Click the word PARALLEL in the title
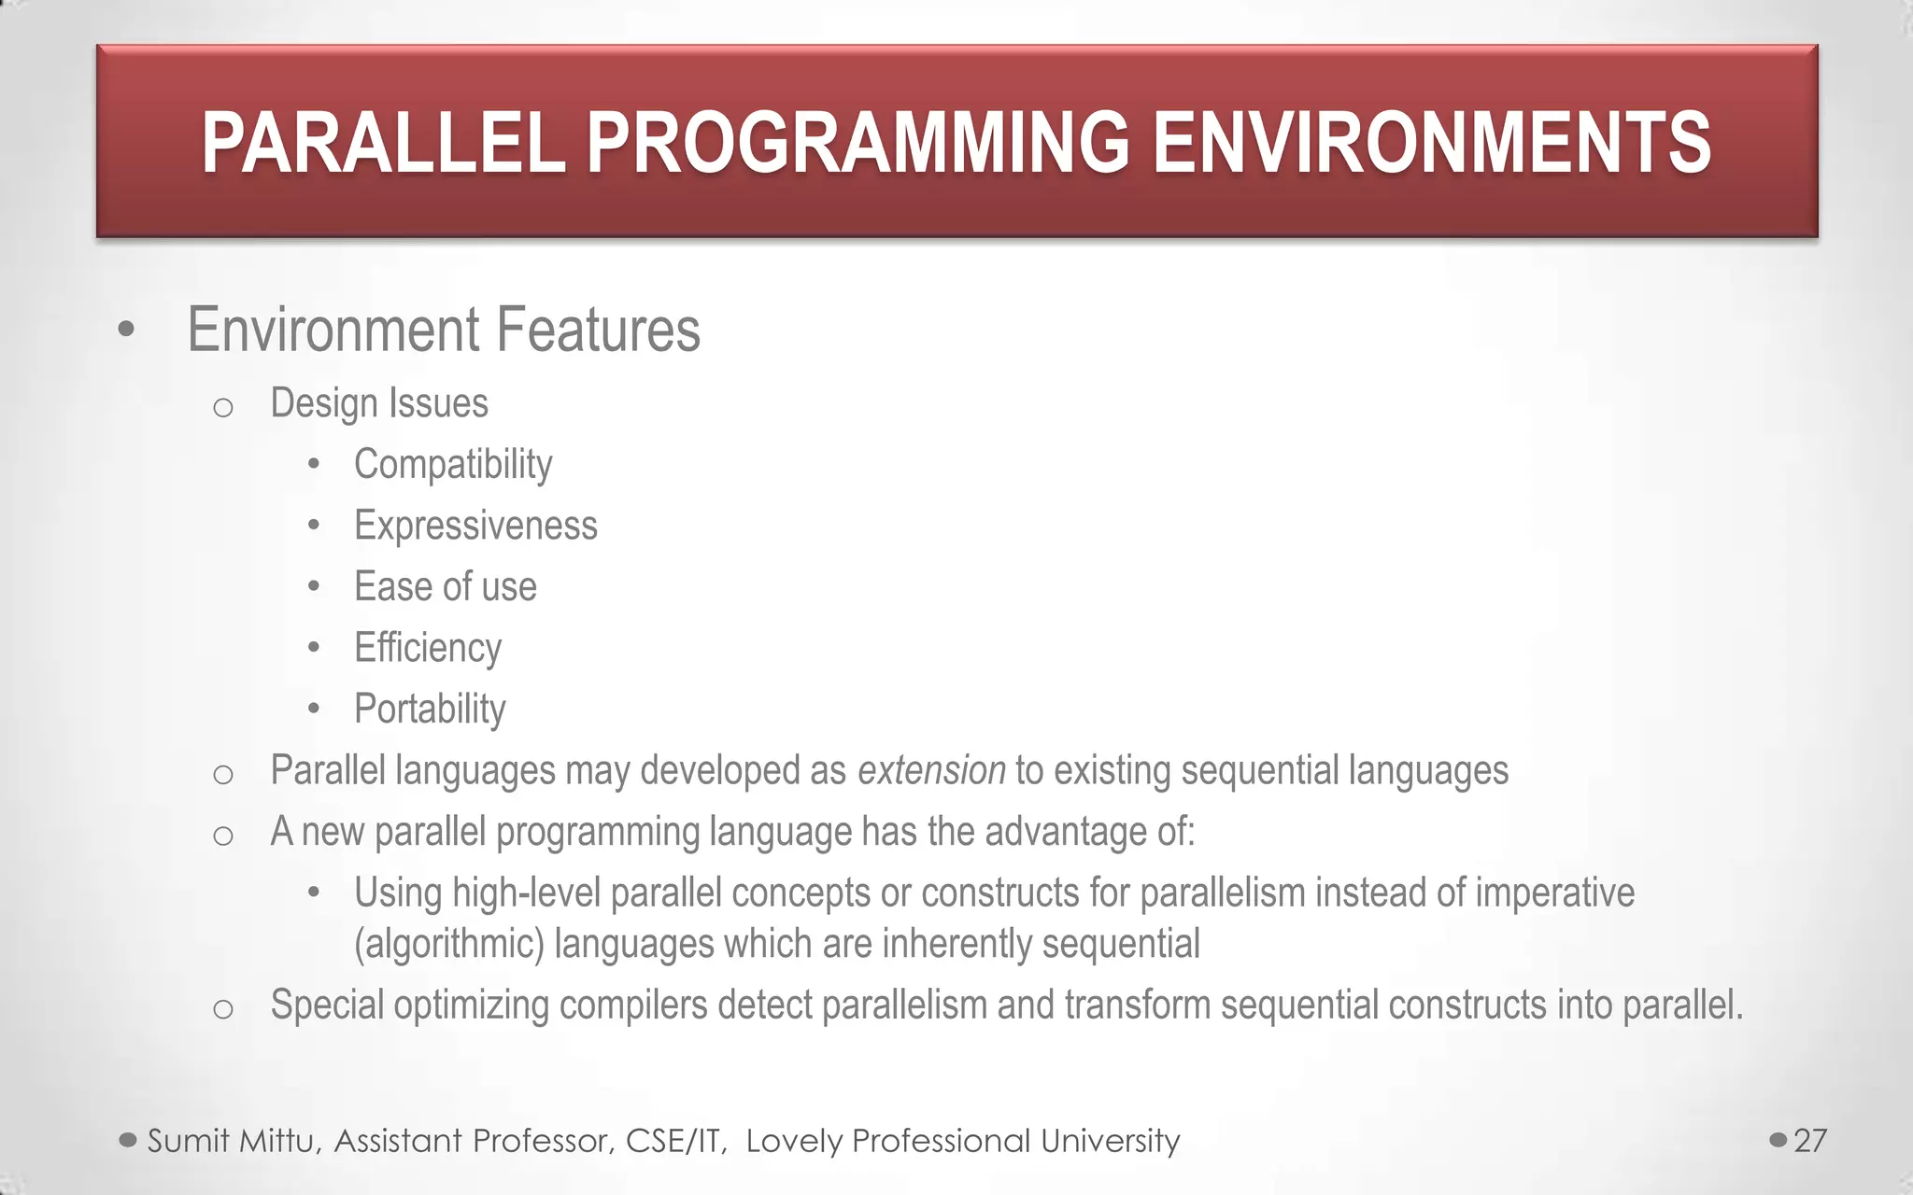384,143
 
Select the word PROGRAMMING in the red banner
857,143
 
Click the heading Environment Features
443,330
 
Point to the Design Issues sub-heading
378,403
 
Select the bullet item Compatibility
453,464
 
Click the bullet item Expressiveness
475,526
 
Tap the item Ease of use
445,587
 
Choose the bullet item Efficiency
428,648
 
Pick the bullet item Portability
430,709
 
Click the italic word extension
931,771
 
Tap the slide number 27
1810,1140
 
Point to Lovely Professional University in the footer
962,1141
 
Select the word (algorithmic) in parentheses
448,944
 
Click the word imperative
1554,893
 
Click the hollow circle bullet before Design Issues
222,407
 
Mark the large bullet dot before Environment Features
127,330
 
